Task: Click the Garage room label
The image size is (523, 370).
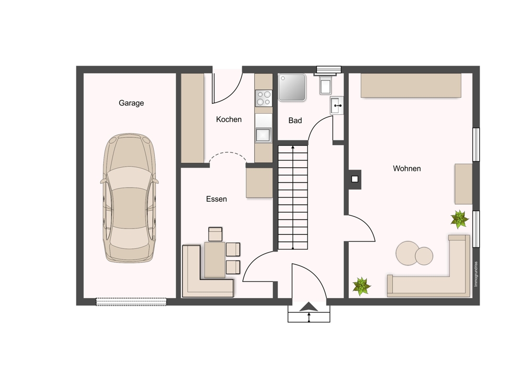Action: tap(131, 103)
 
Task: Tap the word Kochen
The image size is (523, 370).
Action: tap(229, 119)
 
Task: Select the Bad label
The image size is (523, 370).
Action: tap(295, 121)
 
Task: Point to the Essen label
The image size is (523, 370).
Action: tap(217, 199)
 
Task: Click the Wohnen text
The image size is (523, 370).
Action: tap(406, 168)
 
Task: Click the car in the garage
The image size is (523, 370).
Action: tap(129, 198)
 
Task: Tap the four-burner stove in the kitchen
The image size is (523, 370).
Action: tap(264, 98)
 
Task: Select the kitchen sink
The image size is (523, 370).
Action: tap(264, 135)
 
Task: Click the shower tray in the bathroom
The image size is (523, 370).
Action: tap(292, 87)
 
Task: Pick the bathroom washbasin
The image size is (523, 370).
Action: tap(337, 105)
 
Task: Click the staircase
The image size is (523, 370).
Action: tap(293, 197)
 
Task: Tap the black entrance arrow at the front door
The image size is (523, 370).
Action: tap(309, 307)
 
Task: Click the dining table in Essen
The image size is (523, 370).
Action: tap(215, 260)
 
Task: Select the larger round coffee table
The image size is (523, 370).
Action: tap(407, 253)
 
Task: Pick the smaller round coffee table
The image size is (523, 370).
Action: tap(424, 256)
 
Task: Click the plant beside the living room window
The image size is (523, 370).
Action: tap(460, 219)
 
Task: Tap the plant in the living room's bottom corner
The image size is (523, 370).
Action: tap(361, 287)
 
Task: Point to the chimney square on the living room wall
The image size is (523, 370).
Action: tap(355, 179)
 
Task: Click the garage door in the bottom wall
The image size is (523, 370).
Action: tap(131, 302)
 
